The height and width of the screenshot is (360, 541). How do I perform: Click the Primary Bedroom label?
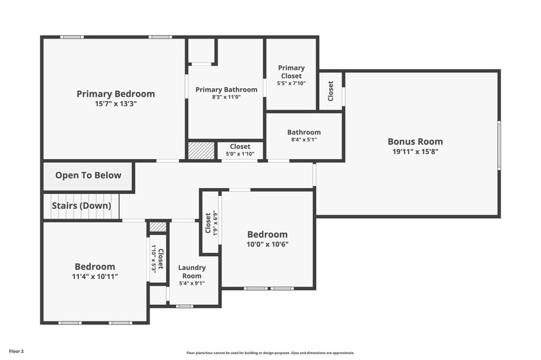[x=115, y=94]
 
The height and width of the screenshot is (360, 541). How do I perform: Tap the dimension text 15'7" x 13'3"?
[x=115, y=104]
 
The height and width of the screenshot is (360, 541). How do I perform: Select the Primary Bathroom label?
[x=226, y=89]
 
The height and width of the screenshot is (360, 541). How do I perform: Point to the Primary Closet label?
[x=291, y=72]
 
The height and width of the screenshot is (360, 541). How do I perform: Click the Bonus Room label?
[x=415, y=141]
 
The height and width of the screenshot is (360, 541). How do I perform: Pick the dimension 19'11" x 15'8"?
[x=415, y=151]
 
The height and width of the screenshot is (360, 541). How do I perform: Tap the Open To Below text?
[x=88, y=176]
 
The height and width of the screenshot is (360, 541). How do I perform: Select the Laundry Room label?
[x=192, y=272]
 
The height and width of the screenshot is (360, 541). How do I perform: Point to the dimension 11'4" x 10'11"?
[x=95, y=277]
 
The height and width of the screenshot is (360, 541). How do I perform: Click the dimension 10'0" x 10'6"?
[x=267, y=244]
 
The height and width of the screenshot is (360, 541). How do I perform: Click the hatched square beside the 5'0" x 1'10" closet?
[x=201, y=151]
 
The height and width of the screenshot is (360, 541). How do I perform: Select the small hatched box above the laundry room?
[x=158, y=227]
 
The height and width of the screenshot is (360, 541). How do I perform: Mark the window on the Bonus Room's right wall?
[x=499, y=145]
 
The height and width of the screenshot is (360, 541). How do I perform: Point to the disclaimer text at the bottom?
[x=270, y=353]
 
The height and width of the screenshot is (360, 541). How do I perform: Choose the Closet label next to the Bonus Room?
[x=331, y=91]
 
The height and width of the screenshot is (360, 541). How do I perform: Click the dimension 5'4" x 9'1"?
[x=192, y=283]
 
